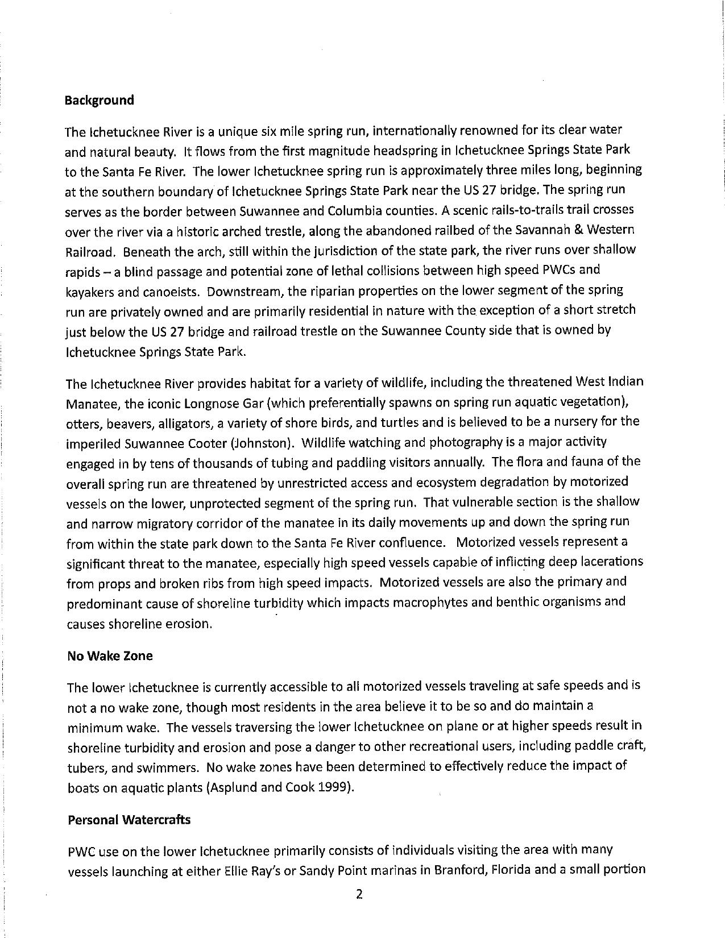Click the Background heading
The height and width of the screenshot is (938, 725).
coord(100,101)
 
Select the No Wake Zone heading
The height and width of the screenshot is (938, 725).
coord(110,656)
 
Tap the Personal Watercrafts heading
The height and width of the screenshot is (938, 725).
coord(129,820)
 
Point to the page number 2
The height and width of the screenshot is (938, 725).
coord(359,894)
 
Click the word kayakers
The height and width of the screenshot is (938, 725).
coord(88,291)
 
